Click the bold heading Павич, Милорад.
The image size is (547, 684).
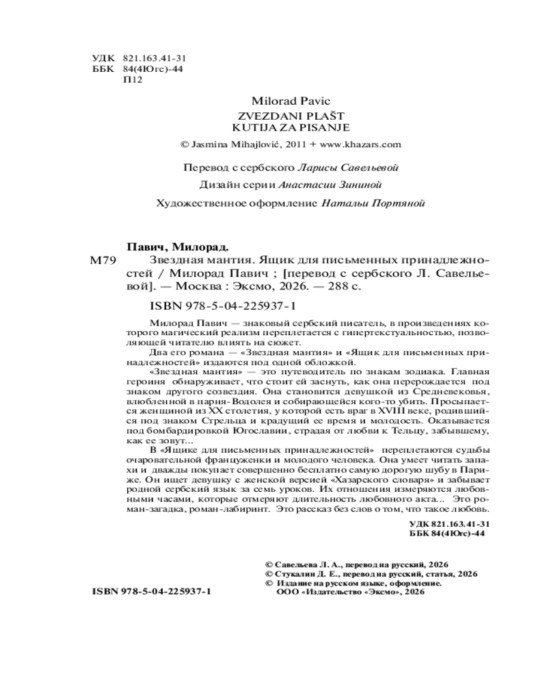point(178,246)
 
